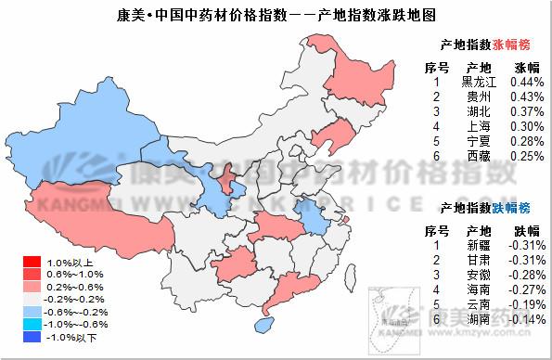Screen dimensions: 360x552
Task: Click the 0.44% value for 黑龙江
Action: tap(526, 82)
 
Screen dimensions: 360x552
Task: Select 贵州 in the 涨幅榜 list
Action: tap(480, 96)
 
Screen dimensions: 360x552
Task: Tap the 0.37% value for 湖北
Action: tap(526, 111)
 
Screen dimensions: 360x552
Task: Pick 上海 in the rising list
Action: tap(480, 126)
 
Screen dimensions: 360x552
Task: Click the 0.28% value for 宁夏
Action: tap(526, 141)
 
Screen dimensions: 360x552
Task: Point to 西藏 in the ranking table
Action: tap(480, 156)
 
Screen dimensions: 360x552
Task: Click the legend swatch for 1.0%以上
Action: tap(32, 263)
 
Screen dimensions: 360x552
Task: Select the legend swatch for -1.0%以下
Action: tap(32, 337)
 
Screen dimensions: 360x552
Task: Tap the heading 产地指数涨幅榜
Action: tap(486, 44)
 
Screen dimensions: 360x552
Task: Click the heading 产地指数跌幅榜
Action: tap(486, 207)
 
